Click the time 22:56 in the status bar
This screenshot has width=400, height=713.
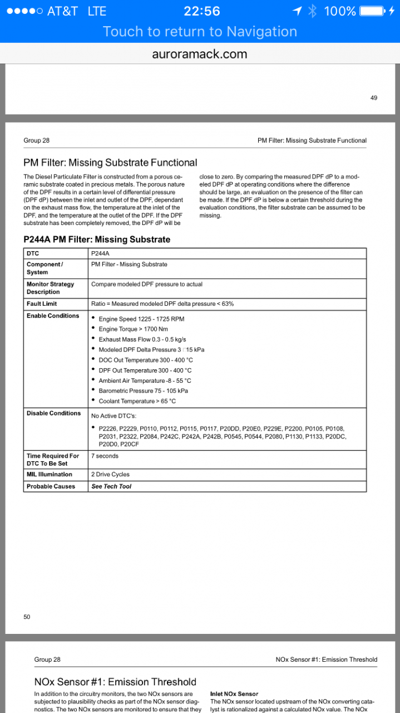201,11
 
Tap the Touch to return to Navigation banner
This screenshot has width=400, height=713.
200,32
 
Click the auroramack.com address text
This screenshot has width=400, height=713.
200,54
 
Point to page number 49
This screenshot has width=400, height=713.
373,98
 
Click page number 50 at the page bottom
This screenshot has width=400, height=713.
27,617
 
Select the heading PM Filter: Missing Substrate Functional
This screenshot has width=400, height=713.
110,163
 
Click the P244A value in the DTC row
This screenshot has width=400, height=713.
100,253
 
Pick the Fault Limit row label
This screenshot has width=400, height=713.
42,304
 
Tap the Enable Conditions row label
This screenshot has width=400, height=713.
53,316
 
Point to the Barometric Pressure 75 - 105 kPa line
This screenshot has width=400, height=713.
143,391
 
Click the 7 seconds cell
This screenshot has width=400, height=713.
105,456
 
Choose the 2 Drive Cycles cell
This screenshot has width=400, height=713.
110,475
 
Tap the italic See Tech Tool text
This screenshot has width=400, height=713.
111,486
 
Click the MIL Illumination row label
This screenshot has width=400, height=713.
49,475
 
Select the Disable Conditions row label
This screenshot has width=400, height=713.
53,413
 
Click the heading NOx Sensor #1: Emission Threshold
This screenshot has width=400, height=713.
115,682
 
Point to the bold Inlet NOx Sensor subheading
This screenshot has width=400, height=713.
234,694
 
